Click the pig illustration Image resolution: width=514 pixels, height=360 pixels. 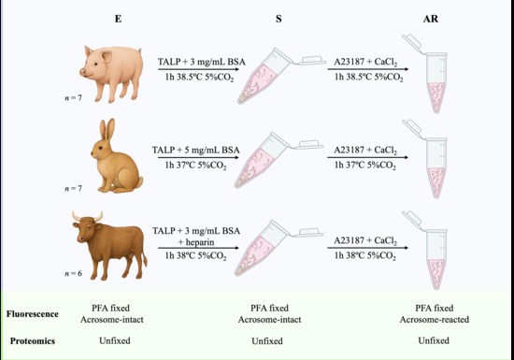click(x=111, y=74)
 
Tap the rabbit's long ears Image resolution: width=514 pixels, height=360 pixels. click(x=107, y=131)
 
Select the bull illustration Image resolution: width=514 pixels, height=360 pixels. click(x=109, y=245)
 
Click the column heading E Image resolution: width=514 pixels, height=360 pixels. click(x=118, y=19)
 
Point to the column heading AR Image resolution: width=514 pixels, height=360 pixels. click(x=431, y=19)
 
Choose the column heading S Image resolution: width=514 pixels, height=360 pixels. click(x=278, y=19)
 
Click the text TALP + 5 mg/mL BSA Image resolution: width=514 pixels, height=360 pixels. click(x=195, y=151)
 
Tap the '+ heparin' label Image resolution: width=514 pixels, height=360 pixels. click(x=196, y=242)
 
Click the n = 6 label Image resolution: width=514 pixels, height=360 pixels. click(x=73, y=273)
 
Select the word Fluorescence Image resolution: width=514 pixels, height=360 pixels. click(x=33, y=314)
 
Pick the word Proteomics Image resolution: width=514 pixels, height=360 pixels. click(x=33, y=341)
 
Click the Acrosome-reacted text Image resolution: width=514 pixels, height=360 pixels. click(x=434, y=320)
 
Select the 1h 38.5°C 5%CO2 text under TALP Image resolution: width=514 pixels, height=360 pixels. click(x=199, y=78)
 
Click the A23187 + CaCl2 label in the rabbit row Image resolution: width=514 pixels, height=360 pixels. click(x=365, y=151)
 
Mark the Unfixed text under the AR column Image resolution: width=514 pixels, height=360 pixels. click(x=434, y=340)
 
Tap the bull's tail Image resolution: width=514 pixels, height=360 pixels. click(x=144, y=254)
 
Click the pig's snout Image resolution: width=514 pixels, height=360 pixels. click(x=82, y=72)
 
